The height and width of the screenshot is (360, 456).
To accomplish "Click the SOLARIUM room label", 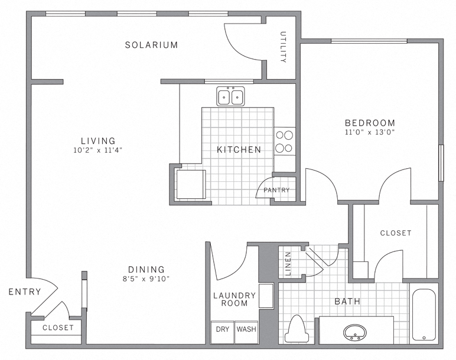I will [151, 45].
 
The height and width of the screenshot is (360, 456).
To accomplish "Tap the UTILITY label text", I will [284, 47].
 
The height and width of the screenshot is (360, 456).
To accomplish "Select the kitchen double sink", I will [231, 96].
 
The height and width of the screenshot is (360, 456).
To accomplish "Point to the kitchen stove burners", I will [285, 141].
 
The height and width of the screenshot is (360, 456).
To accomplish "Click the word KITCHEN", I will [239, 150].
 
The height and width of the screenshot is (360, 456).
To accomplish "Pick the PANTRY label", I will [276, 190].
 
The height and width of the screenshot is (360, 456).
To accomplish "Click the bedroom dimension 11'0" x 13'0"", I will [369, 132].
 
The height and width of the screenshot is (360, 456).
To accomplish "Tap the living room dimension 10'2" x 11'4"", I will [98, 150].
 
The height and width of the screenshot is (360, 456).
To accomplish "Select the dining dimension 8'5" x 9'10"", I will [145, 279].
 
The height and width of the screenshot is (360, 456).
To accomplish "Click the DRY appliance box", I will [222, 329].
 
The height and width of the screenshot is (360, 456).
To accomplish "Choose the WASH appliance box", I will [246, 329].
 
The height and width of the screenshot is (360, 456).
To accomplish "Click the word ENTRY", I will [25, 292].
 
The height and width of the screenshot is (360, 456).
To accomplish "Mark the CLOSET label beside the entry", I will [58, 328].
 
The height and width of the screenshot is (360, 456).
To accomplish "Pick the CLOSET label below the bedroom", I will [395, 233].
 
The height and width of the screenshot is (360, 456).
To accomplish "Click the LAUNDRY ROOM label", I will [234, 299].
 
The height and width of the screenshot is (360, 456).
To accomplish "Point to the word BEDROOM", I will [370, 123].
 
